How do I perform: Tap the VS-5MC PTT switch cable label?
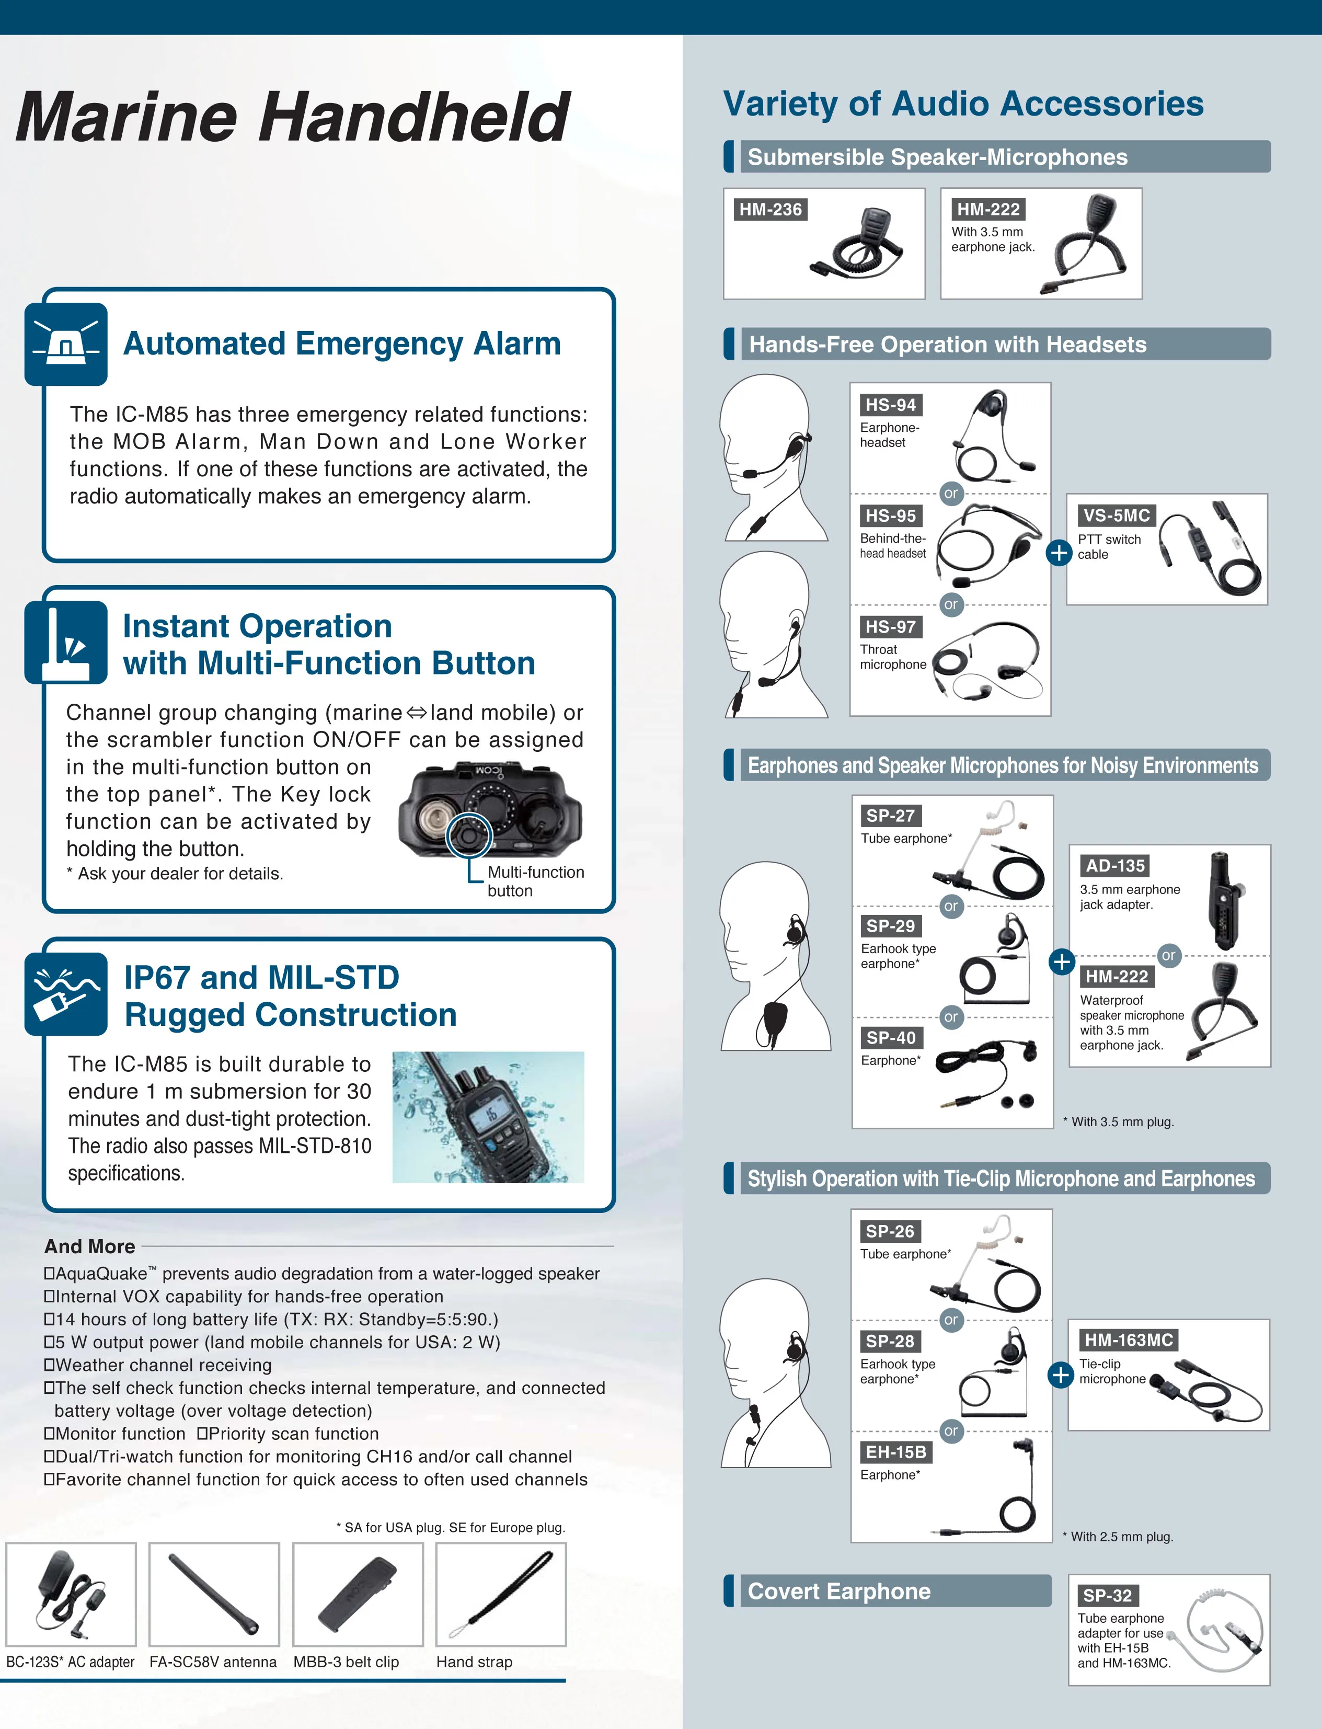(1116, 516)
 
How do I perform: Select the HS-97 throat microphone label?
(890, 627)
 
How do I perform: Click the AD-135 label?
(1115, 866)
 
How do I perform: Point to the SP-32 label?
(1107, 1595)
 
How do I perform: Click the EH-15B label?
(895, 1452)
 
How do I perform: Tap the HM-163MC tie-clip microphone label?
(1129, 1339)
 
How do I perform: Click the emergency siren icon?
(66, 344)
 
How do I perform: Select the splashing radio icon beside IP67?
(66, 994)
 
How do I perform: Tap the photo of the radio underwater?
(488, 1117)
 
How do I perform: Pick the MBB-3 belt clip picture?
(357, 1594)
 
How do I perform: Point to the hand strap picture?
(500, 1594)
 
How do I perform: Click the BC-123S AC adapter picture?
(71, 1594)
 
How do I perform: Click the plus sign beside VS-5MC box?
(1059, 553)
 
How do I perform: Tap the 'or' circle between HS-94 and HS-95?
(950, 494)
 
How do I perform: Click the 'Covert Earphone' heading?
(839, 1591)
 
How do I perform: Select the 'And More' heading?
(90, 1246)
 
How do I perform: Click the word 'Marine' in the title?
(126, 118)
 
